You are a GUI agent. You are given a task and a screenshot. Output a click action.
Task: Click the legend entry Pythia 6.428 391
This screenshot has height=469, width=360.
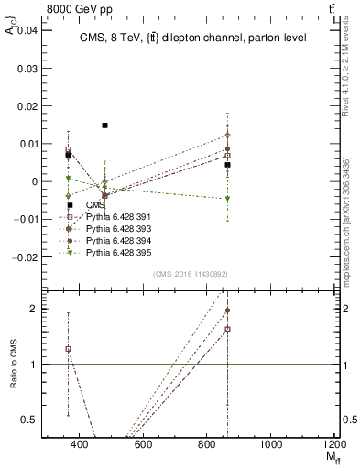115,216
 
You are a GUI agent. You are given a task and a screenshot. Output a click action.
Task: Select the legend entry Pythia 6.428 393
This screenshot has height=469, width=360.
115,227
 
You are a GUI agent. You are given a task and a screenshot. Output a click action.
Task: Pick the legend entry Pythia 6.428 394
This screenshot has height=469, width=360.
115,238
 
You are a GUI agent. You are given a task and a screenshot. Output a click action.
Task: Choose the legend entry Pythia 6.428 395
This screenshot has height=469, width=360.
115,249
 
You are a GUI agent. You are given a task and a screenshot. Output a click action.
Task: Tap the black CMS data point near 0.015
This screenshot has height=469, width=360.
105,125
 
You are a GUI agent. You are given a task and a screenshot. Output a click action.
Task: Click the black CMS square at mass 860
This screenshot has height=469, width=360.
227,165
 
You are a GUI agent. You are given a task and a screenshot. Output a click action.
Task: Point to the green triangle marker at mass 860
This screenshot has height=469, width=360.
227,199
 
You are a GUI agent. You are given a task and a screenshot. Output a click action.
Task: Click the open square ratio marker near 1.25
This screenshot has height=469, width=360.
68,349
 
